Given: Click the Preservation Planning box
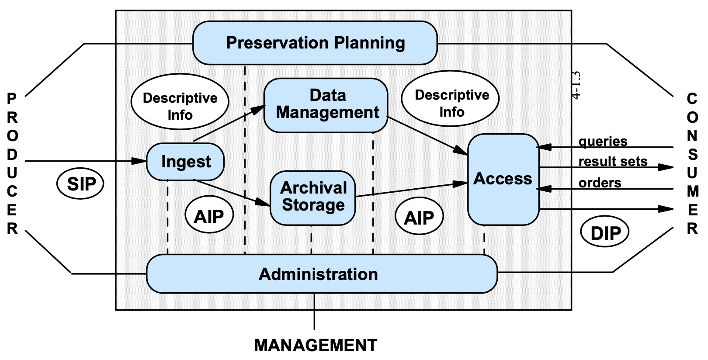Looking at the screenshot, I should click(x=315, y=43).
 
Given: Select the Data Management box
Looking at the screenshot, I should click(x=326, y=105).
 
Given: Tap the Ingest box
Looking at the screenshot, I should click(x=185, y=162).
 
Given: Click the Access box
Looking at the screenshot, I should click(x=503, y=179).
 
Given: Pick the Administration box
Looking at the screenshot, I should click(x=322, y=274).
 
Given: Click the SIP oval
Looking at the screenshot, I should click(x=80, y=184).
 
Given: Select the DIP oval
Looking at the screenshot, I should click(x=605, y=233).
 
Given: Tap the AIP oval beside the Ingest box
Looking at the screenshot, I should click(x=209, y=216).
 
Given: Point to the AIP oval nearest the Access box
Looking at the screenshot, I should click(x=419, y=217).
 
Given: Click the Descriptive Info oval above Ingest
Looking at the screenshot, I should click(x=180, y=102).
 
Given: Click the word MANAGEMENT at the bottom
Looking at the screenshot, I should click(x=316, y=345).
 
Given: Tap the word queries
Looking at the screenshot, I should click(x=603, y=141).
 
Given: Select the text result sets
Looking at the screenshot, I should click(x=613, y=161).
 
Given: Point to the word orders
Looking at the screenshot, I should click(x=600, y=183).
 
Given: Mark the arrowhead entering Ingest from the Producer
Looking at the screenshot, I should click(x=139, y=161).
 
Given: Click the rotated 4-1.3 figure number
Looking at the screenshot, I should click(x=576, y=85).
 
